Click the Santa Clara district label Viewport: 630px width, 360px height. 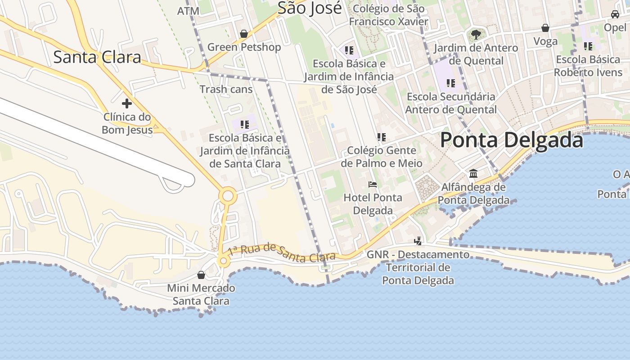pyautogui.click(x=97, y=57)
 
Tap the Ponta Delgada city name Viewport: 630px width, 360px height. pyautogui.click(x=512, y=140)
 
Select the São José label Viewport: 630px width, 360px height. pyautogui.click(x=310, y=8)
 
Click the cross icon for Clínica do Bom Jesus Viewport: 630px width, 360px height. pyautogui.click(x=127, y=103)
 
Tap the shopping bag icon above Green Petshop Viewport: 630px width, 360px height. pyautogui.click(x=244, y=34)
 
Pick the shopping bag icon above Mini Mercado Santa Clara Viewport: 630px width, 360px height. pyautogui.click(x=201, y=274)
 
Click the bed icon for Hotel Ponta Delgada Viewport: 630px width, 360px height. pyautogui.click(x=373, y=184)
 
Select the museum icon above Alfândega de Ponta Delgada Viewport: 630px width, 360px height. pyautogui.click(x=473, y=173)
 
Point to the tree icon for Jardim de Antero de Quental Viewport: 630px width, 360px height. pyautogui.click(x=476, y=34)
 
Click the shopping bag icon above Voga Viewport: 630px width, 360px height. pyautogui.click(x=545, y=28)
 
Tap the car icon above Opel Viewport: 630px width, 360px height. pyautogui.click(x=615, y=14)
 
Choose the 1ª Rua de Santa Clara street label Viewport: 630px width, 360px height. pyautogui.click(x=282, y=253)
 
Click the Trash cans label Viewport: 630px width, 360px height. pyautogui.click(x=226, y=89)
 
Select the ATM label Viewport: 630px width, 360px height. pyautogui.click(x=188, y=11)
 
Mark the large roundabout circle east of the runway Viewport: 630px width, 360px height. pyautogui.click(x=228, y=196)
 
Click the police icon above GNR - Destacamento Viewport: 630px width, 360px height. pyautogui.click(x=418, y=241)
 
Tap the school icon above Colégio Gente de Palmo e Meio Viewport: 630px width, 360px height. pyautogui.click(x=382, y=137)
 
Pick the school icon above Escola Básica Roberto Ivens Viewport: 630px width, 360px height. pyautogui.click(x=588, y=46)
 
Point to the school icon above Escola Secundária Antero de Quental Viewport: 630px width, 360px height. pyautogui.click(x=451, y=83)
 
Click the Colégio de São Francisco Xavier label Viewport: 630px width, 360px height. pyautogui.click(x=388, y=15)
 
